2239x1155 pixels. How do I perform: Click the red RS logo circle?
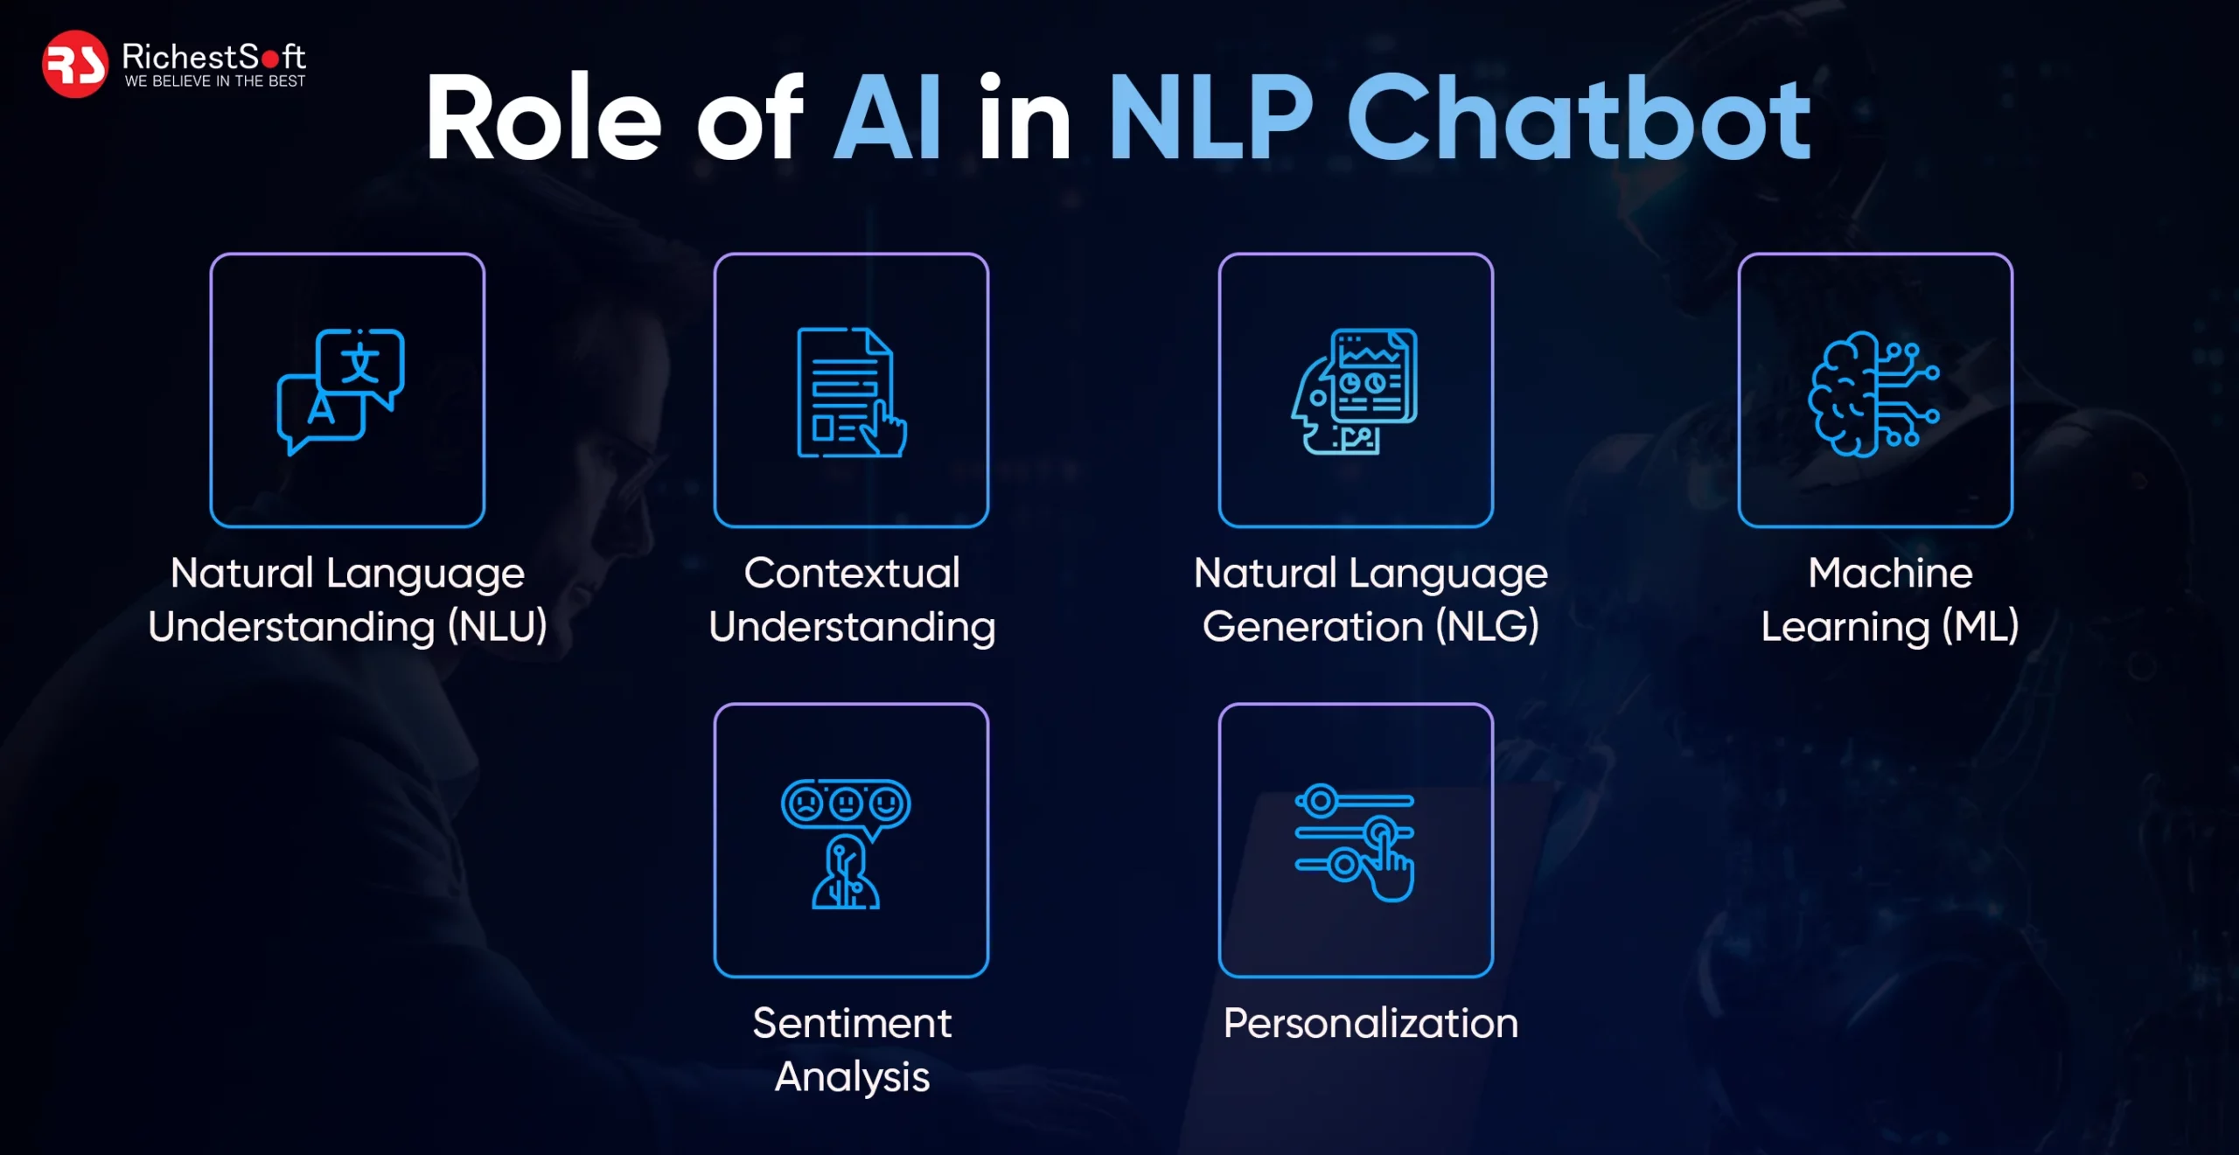(75, 64)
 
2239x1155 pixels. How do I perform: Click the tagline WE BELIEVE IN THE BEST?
(215, 81)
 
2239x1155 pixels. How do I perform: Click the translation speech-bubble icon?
(341, 392)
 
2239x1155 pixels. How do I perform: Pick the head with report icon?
(1355, 391)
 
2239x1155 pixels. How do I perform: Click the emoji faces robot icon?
(846, 844)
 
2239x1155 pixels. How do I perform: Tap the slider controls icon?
(1355, 843)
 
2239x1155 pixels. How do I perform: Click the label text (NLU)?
(498, 627)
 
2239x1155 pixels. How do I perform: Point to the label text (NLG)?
(1488, 627)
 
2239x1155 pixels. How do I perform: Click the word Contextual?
(852, 574)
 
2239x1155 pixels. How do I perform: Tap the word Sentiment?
(852, 1024)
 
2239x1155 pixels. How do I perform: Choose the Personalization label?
(1371, 1024)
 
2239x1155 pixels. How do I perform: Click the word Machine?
(1890, 574)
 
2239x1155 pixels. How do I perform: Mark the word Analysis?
(852, 1077)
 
